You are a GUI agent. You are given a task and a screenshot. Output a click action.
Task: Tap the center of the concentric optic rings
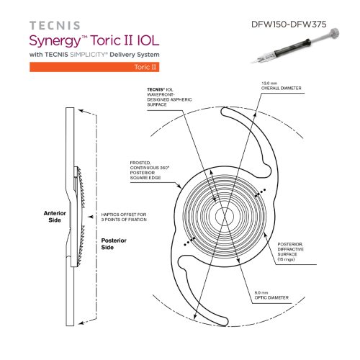click(224, 215)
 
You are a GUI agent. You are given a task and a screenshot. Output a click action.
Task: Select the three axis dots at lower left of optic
click(189, 242)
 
